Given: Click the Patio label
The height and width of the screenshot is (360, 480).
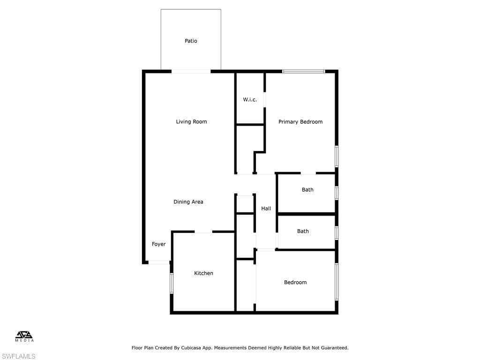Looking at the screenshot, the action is pos(191,41).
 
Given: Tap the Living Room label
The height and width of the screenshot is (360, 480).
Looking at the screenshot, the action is pos(191,121).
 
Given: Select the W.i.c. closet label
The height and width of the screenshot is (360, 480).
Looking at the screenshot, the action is pos(250,99).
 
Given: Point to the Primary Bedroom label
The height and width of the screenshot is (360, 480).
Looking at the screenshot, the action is pos(300,122).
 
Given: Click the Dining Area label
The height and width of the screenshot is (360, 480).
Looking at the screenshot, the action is pos(188,202).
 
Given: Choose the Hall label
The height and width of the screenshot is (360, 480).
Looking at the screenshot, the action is pos(266,209).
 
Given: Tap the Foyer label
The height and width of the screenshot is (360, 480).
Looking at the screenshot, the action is pos(158,244).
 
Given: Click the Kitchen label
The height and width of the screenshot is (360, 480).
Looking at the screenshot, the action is pos(203,273).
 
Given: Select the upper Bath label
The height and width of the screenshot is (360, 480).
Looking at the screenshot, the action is pos(307,190).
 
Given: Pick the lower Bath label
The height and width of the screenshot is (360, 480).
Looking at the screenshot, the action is pos(303,232).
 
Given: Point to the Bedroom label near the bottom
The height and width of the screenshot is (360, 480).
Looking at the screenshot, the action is pos(295,282).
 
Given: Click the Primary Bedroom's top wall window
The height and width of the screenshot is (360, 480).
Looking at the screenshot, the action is pos(303,71).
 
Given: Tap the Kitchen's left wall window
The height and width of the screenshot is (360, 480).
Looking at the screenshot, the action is pos(172,283).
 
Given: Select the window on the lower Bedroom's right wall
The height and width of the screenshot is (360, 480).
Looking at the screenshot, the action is pos(337,282).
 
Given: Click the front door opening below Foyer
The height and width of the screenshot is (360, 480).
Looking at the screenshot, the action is pos(158,262).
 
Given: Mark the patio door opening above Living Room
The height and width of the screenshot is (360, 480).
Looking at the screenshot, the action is pos(191,71).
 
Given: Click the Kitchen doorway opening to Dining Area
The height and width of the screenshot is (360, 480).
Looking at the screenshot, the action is pos(203,232).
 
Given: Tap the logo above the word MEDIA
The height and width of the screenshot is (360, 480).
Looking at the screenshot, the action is pos(24,335).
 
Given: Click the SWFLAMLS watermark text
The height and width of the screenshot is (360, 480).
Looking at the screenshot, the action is pos(18,356).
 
